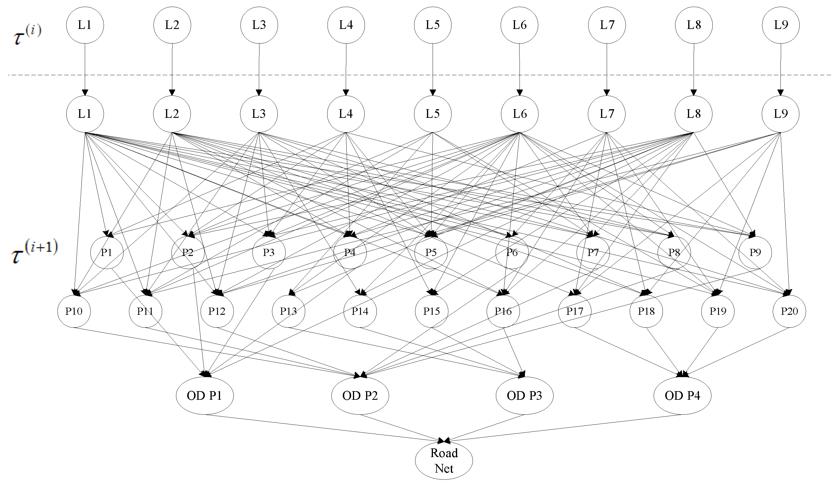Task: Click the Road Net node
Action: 444,461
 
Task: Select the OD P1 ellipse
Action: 205,396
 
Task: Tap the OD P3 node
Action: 524,396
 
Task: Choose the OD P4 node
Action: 682,396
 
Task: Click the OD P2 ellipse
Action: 360,396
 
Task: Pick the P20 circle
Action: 789,311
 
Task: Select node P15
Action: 431,311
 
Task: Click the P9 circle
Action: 755,252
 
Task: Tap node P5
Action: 431,252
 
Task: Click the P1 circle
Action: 107,252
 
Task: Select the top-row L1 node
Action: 84,25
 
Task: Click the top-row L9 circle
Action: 781,25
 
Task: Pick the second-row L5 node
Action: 432,114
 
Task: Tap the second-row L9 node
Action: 780,114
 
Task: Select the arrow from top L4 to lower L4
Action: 346,68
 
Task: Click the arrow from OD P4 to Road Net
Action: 566,428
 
